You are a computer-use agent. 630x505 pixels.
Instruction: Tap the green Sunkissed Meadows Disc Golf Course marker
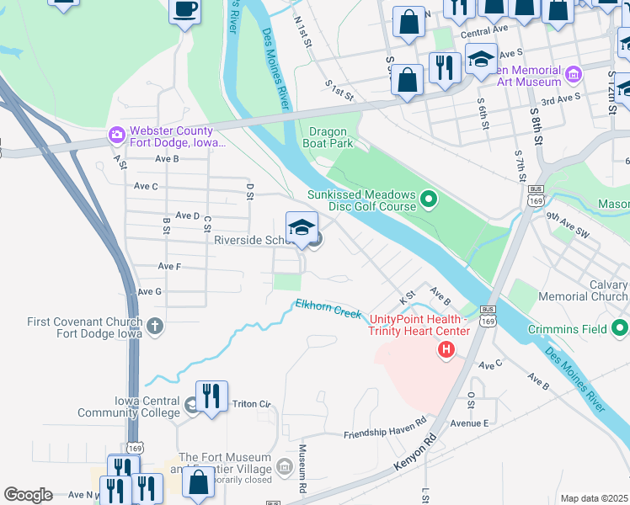pos(429,200)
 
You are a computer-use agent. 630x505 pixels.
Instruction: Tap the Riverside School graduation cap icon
pos(302,227)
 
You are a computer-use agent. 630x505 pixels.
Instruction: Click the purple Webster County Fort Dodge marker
pos(116,135)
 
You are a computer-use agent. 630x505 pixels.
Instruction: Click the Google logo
pos(28,495)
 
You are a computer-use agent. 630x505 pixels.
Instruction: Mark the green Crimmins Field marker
pos(620,328)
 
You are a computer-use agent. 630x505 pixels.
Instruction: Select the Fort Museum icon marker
pos(285,466)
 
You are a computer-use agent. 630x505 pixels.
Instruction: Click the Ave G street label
pos(148,291)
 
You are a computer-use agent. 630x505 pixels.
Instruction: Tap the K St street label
pos(408,299)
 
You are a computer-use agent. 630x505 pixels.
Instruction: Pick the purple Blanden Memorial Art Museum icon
pos(574,74)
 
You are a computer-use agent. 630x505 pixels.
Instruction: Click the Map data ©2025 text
pos(594,498)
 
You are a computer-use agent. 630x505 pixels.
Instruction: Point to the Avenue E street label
pos(468,423)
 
